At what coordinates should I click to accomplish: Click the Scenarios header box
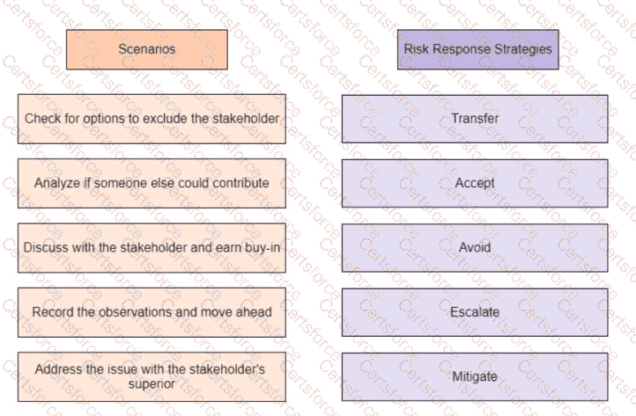click(147, 49)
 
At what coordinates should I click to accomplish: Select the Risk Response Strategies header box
click(477, 49)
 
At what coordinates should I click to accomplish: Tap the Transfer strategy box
click(475, 119)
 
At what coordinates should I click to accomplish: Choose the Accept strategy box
click(475, 183)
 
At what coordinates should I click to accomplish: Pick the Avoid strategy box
click(475, 247)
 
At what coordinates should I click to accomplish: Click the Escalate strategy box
click(475, 311)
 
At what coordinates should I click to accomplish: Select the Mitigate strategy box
click(475, 376)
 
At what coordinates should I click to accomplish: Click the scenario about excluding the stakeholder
click(152, 119)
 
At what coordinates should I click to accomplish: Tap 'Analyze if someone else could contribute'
click(152, 183)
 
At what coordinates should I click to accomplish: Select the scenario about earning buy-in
click(152, 247)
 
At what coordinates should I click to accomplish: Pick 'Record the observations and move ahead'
click(152, 311)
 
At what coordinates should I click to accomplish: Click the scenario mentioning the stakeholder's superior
click(152, 376)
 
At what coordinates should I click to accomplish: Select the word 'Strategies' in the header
click(525, 49)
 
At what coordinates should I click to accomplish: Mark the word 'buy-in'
click(262, 247)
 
